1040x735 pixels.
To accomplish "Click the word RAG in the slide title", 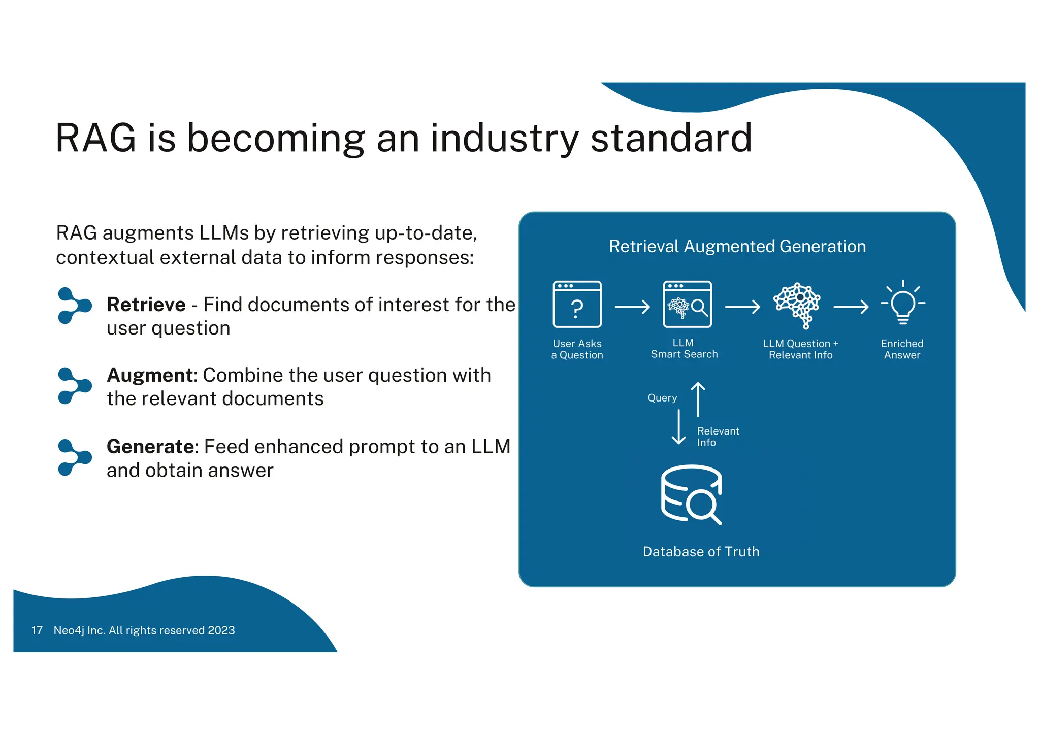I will pyautogui.click(x=96, y=138).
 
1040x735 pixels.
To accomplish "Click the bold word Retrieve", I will pyautogui.click(x=146, y=305).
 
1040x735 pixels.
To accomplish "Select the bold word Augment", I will pyautogui.click(x=150, y=375).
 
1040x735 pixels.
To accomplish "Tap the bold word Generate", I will pyautogui.click(x=150, y=447).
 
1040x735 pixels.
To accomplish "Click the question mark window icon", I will pyautogui.click(x=577, y=304).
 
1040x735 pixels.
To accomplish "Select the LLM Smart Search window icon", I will pyautogui.click(x=687, y=304).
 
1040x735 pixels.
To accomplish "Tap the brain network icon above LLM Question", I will pyautogui.click(x=797, y=305).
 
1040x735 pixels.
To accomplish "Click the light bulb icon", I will pyautogui.click(x=903, y=303).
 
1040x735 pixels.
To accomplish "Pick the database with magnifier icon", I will pyautogui.click(x=691, y=494).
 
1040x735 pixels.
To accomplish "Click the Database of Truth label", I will pyautogui.click(x=701, y=552).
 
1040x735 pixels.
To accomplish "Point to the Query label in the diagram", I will pyautogui.click(x=662, y=398).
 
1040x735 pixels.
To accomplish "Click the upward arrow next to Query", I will pyautogui.click(x=698, y=399).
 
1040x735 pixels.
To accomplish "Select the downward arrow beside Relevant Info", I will pyautogui.click(x=679, y=427).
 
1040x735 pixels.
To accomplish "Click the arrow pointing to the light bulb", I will pyautogui.click(x=851, y=307).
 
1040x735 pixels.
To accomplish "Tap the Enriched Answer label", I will pyautogui.click(x=902, y=349).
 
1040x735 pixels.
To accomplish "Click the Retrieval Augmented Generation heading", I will pyautogui.click(x=737, y=246).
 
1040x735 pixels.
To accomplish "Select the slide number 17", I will pyautogui.click(x=37, y=630).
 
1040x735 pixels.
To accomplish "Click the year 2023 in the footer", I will pyautogui.click(x=221, y=630).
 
